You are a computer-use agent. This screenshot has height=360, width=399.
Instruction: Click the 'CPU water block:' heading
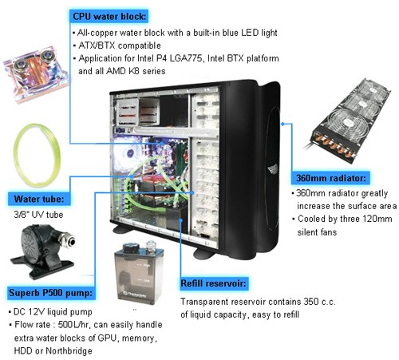pyautogui.click(x=109, y=15)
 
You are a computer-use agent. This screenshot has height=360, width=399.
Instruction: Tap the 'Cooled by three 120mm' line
pyautogui.click(x=344, y=220)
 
